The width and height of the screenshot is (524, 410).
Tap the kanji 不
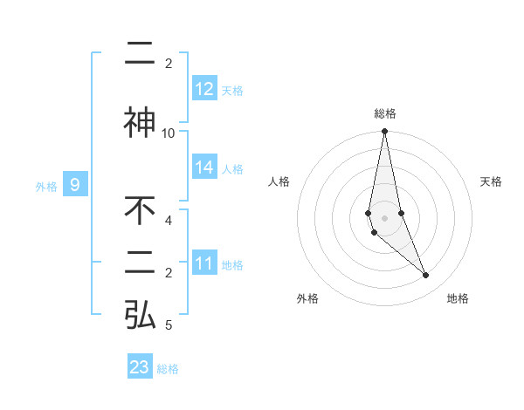pyautogui.click(x=140, y=211)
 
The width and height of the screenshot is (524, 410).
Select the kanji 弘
pyautogui.click(x=140, y=315)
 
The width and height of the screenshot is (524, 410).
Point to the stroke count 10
pyautogui.click(x=169, y=133)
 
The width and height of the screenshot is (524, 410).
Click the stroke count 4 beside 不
pyautogui.click(x=169, y=220)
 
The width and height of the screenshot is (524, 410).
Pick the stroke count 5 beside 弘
pyautogui.click(x=169, y=325)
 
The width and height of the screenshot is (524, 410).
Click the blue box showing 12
pyautogui.click(x=204, y=89)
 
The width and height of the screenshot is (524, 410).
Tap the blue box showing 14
pyautogui.click(x=204, y=168)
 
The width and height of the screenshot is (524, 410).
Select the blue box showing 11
pyautogui.click(x=204, y=263)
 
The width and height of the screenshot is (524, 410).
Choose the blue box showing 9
pyautogui.click(x=76, y=185)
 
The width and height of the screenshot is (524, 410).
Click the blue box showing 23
pyautogui.click(x=140, y=367)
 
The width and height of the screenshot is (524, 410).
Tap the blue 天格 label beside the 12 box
pyautogui.click(x=232, y=90)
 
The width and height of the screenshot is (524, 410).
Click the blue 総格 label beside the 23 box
pyautogui.click(x=168, y=368)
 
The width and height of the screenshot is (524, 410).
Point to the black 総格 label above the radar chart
pyautogui.click(x=385, y=113)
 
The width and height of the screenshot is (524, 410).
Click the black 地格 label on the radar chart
pyautogui.click(x=458, y=298)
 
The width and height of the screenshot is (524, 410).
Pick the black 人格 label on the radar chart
pyautogui.click(x=279, y=181)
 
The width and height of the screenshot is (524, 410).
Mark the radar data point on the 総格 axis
pyautogui.click(x=385, y=132)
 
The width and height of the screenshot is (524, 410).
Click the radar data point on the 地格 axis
pyautogui.click(x=426, y=276)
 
